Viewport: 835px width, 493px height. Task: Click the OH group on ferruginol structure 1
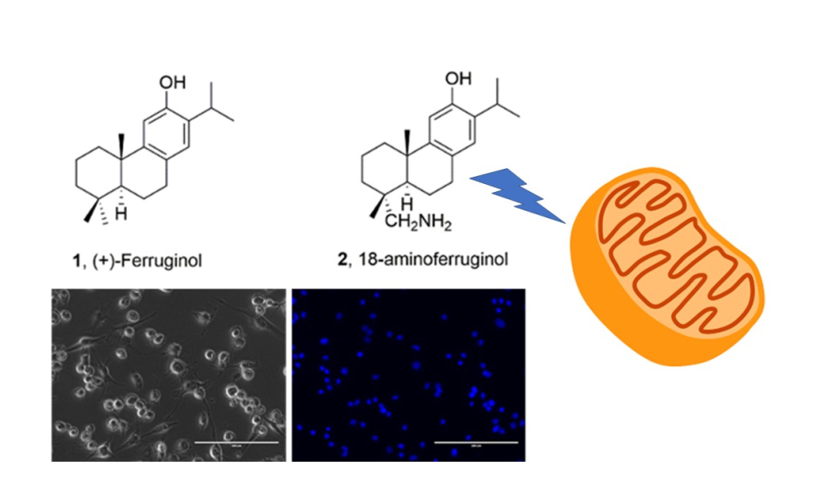coord(174,84)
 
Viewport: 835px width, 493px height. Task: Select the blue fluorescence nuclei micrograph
coord(408,374)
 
